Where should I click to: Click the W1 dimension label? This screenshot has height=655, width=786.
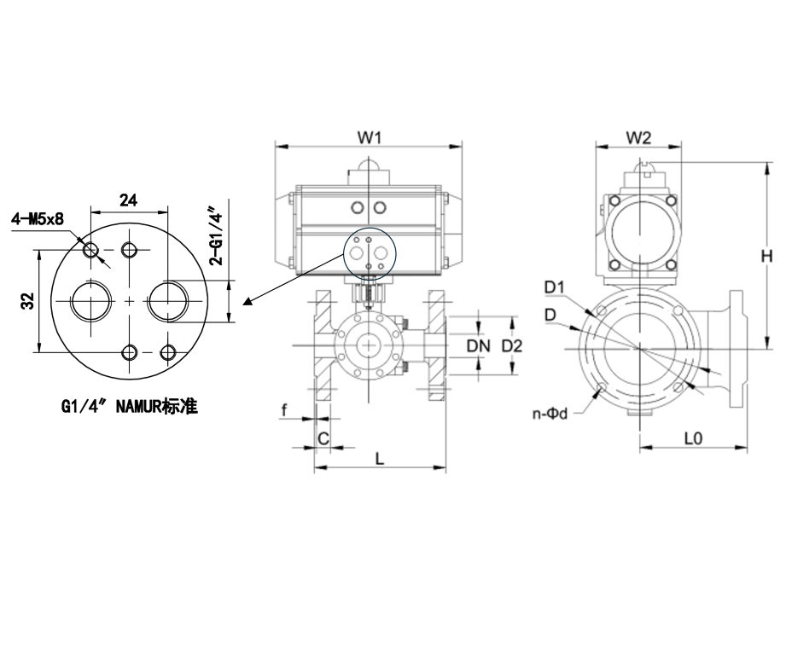click(368, 136)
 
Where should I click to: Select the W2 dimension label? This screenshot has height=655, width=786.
click(638, 136)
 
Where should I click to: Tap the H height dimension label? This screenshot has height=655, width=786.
click(766, 255)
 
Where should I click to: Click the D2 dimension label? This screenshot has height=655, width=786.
click(512, 345)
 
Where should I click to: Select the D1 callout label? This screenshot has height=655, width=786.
click(556, 285)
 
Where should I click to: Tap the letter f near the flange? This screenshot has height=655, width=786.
click(284, 411)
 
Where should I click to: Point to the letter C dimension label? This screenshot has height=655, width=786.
click(323, 438)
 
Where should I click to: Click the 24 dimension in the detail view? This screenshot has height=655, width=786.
click(128, 200)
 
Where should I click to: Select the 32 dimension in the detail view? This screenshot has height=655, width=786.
click(26, 301)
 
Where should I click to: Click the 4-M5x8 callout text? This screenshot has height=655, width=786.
click(38, 219)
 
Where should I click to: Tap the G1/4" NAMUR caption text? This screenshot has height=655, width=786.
click(130, 407)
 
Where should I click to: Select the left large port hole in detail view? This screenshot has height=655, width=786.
click(91, 301)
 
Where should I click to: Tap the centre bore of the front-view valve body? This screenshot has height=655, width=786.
click(368, 345)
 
